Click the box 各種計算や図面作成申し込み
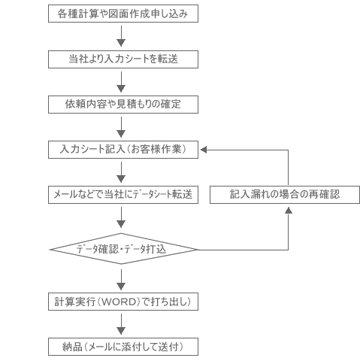point(123,14)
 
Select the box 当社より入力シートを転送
point(123,59)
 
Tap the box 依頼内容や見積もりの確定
point(123,105)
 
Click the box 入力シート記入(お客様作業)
point(123,150)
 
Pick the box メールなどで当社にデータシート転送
point(123,195)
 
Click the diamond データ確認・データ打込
point(123,249)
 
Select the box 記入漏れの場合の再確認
point(285,195)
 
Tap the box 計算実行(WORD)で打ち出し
point(123,302)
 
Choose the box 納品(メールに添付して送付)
point(123,347)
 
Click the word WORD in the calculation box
point(119,302)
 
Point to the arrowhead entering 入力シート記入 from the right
point(204,150)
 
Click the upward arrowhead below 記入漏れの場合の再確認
point(289,210)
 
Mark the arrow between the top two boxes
point(121,36)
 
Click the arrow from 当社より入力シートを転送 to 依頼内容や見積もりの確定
point(121,82)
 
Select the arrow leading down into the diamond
point(121,217)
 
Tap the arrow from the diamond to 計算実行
point(121,280)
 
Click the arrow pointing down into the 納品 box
point(121,324)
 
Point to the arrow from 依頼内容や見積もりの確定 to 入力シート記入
point(121,127)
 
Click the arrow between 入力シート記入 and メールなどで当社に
point(121,172)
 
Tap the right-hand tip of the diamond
point(198,250)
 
